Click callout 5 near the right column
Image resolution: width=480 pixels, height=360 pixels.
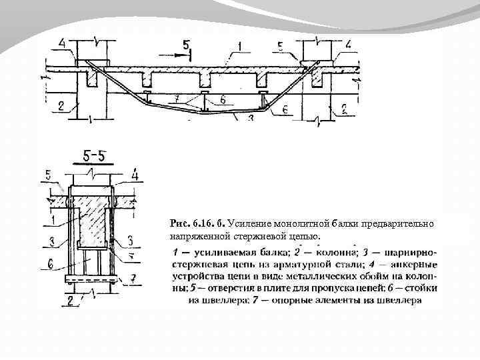(281, 46)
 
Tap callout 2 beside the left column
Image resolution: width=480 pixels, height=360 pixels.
(61, 105)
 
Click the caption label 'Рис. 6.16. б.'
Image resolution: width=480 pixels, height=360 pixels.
(198, 224)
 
